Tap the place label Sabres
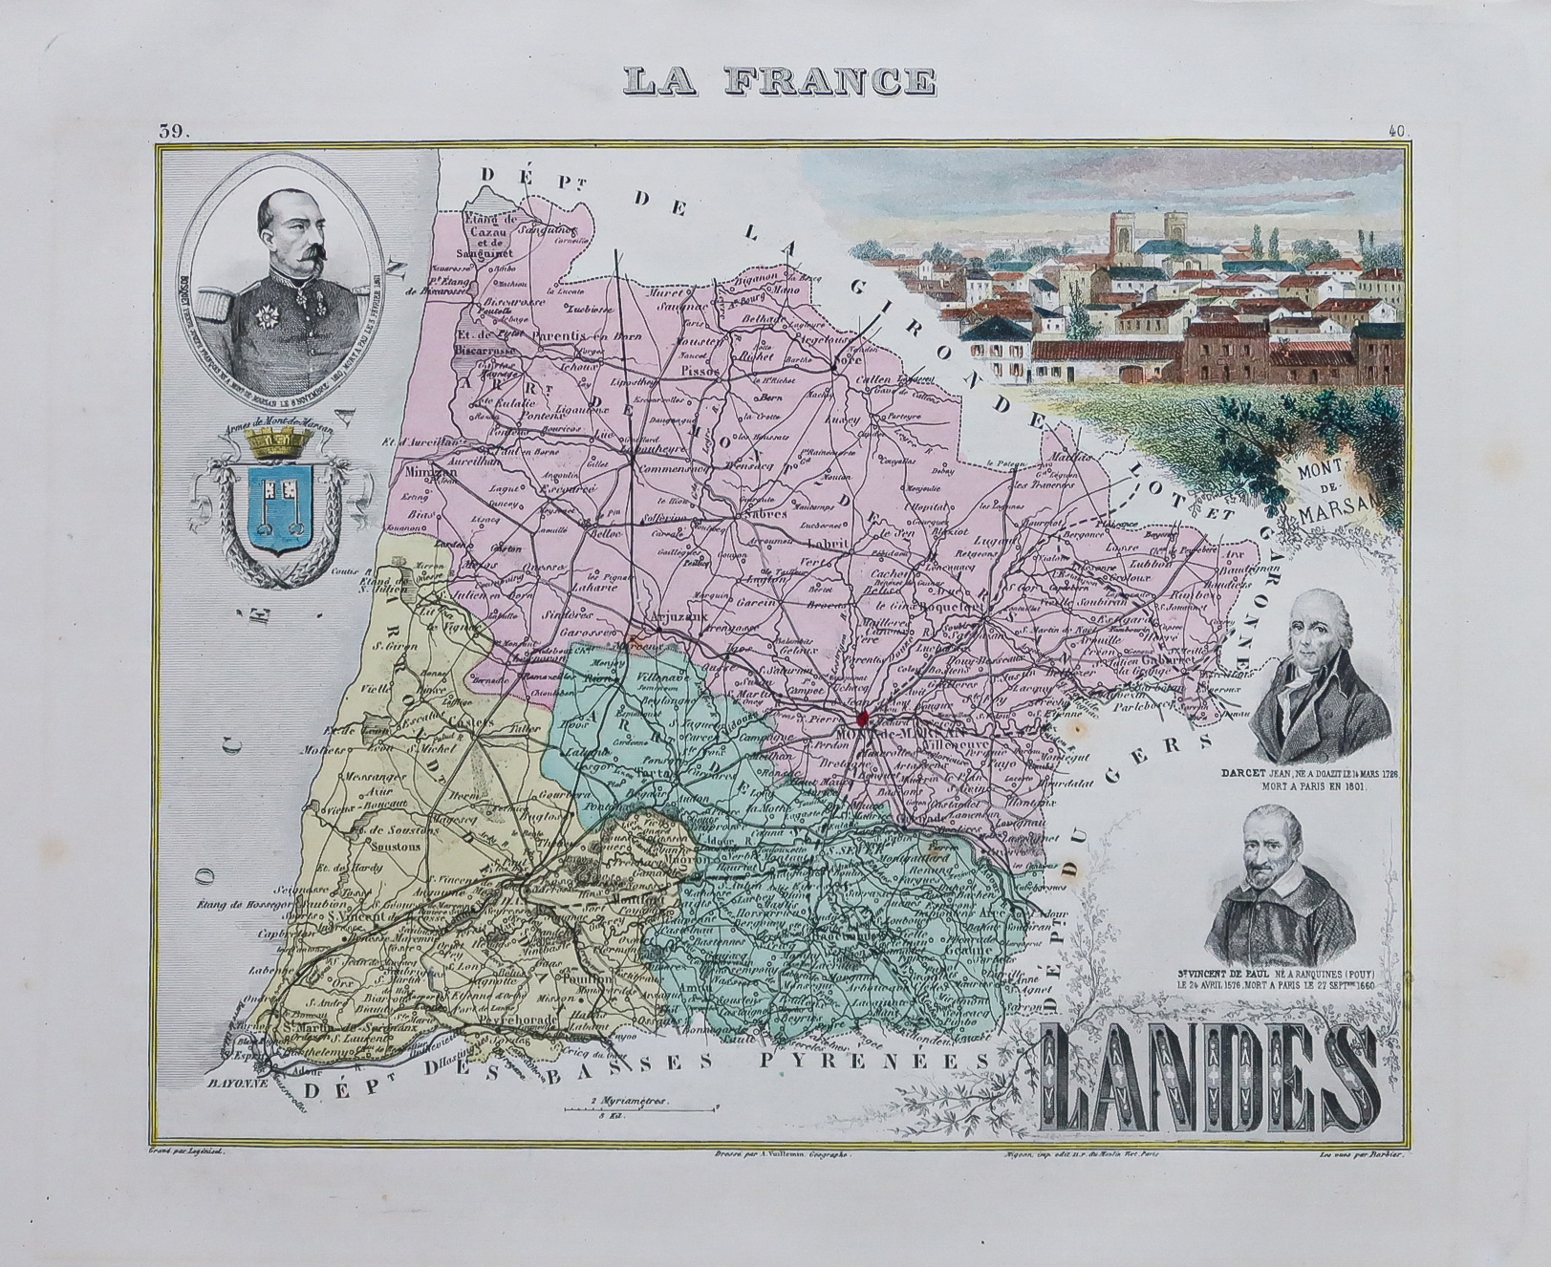[x=762, y=514]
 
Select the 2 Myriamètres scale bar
[x=639, y=1107]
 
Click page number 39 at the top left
[x=176, y=132]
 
